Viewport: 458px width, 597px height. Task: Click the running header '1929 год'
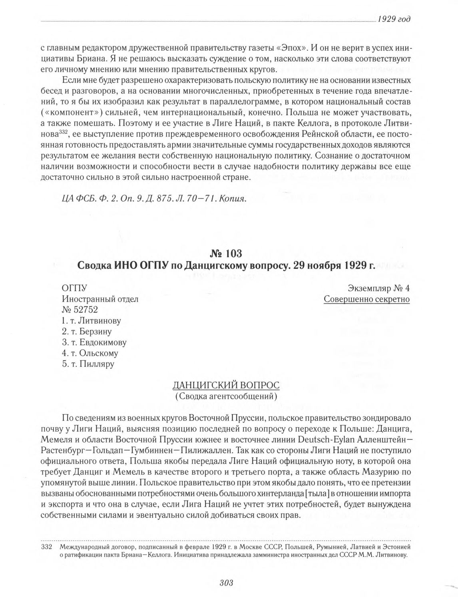pyautogui.click(x=394, y=20)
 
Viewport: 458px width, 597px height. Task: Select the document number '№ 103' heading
pyautogui.click(x=226, y=254)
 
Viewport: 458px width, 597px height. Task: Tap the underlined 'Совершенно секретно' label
pyautogui.click(x=366, y=299)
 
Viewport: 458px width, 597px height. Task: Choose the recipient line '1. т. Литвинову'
pyautogui.click(x=92, y=320)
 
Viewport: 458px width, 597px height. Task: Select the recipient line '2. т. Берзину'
pyautogui.click(x=87, y=331)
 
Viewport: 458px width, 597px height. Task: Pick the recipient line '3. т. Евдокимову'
pyautogui.click(x=94, y=342)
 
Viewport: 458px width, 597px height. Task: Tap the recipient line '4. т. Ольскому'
pyautogui.click(x=90, y=353)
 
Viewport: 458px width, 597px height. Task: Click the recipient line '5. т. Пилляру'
pyautogui.click(x=88, y=364)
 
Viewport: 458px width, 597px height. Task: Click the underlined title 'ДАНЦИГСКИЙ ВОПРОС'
pyautogui.click(x=226, y=386)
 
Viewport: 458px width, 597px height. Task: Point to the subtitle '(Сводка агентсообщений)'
pyautogui.click(x=226, y=396)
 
